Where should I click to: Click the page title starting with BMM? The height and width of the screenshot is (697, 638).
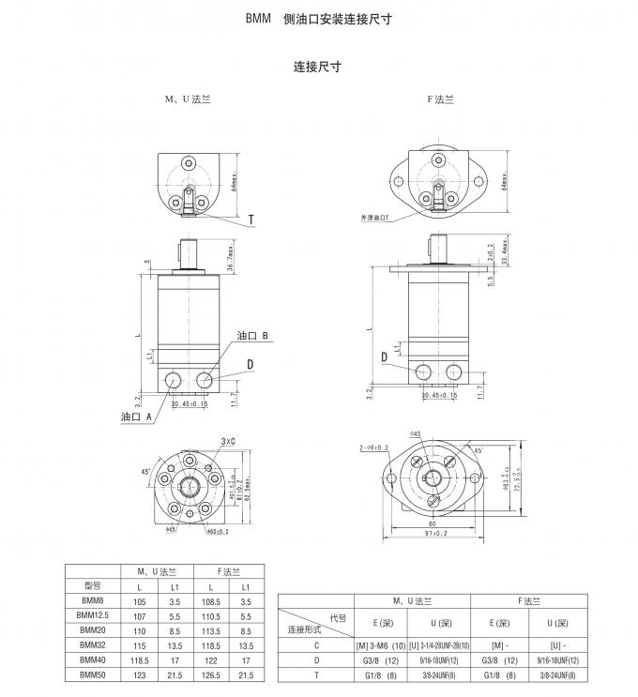[x=318, y=18]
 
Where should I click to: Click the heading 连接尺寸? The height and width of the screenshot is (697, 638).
[x=316, y=68]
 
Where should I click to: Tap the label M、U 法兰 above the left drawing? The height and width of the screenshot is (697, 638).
[x=188, y=99]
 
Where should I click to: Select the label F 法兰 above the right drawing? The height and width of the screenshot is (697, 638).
[x=440, y=99]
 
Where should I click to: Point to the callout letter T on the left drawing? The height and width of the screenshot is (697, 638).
[x=251, y=221]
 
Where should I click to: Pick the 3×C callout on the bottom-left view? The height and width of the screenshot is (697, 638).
[x=228, y=439]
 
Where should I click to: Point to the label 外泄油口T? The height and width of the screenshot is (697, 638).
[x=374, y=218]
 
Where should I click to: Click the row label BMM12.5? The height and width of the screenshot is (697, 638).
[x=93, y=615]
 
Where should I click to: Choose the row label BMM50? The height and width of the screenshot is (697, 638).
[x=93, y=674]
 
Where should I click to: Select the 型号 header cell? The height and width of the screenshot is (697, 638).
[x=93, y=584]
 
